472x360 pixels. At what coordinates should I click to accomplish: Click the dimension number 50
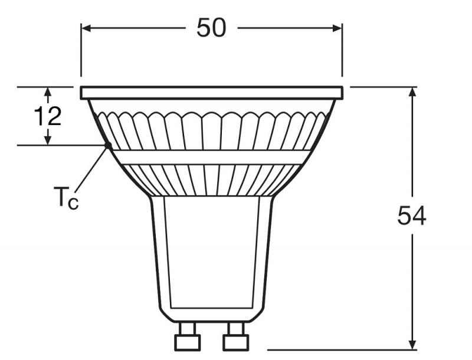coord(211,27)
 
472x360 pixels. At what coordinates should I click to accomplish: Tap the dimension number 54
coord(412,215)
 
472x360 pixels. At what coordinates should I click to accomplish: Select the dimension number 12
coord(48,116)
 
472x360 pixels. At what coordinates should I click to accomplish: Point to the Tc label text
coord(66,198)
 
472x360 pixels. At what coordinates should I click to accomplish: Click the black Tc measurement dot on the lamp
coord(108,145)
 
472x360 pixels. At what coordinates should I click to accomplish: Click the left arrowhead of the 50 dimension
coord(86,28)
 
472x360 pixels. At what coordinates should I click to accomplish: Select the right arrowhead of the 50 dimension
coord(337,28)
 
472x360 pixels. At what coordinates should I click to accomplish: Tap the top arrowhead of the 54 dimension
coord(412,92)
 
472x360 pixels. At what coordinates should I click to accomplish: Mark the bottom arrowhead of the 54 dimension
coord(412,345)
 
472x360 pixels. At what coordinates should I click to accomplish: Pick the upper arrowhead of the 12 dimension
coord(48,92)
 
